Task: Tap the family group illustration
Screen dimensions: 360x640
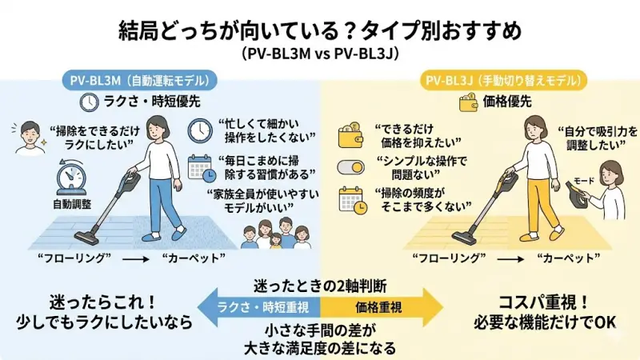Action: [277, 234]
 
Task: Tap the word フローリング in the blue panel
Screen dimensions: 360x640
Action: [74, 259]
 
